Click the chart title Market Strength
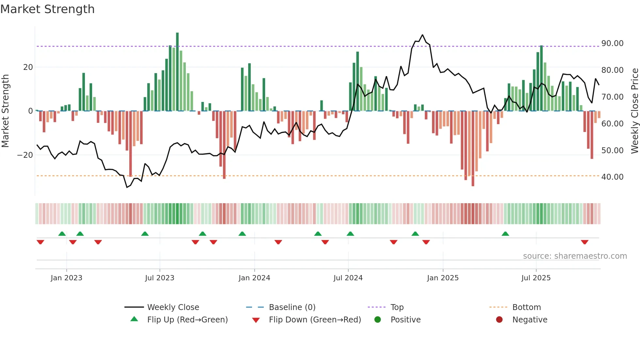pyautogui.click(x=47, y=9)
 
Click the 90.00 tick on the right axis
pyautogui.click(x=612, y=43)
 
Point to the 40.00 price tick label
pyautogui.click(x=612, y=177)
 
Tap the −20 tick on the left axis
pyautogui.click(x=25, y=155)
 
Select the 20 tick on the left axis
pyautogui.click(x=28, y=67)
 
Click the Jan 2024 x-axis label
pyautogui.click(x=254, y=278)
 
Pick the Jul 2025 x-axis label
pyautogui.click(x=536, y=278)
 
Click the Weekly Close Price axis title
pyautogui.click(x=634, y=111)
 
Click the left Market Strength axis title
pyautogui.click(x=6, y=111)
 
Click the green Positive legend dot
pyautogui.click(x=378, y=320)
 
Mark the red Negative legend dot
pyautogui.click(x=499, y=320)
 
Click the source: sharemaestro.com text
pyautogui.click(x=575, y=256)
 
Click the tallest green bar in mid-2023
pyautogui.click(x=177, y=72)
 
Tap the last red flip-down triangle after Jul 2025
pyautogui.click(x=584, y=242)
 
